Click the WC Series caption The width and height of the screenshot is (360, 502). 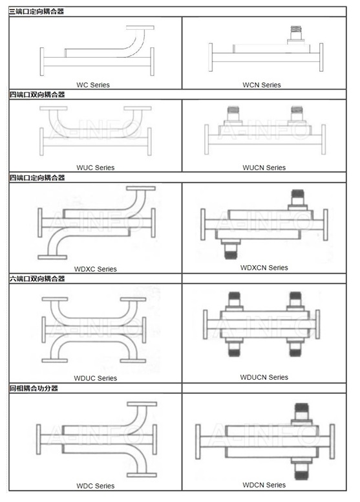[x=93, y=85]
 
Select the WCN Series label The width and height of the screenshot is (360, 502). [x=262, y=85]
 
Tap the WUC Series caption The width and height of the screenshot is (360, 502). [x=96, y=168]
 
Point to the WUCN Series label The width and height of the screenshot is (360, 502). [x=264, y=168]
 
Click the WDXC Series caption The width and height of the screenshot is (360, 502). [x=96, y=269]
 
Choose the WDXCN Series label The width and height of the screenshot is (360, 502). [x=264, y=268]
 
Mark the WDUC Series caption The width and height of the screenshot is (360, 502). [x=96, y=378]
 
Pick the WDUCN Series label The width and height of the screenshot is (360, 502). [x=264, y=377]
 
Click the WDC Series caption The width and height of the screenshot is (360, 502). [x=96, y=486]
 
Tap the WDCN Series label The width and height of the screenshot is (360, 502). [x=264, y=485]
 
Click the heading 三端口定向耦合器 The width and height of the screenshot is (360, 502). [x=36, y=12]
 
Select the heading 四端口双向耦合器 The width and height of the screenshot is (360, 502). [x=37, y=94]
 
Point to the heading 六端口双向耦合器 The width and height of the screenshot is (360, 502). [x=37, y=279]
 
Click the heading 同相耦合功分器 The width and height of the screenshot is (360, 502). [x=34, y=388]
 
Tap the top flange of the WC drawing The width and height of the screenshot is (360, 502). [x=140, y=28]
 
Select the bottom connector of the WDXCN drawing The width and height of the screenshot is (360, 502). [x=230, y=249]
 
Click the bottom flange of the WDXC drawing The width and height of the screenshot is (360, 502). [x=52, y=257]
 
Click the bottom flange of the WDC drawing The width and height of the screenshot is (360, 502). [x=142, y=475]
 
